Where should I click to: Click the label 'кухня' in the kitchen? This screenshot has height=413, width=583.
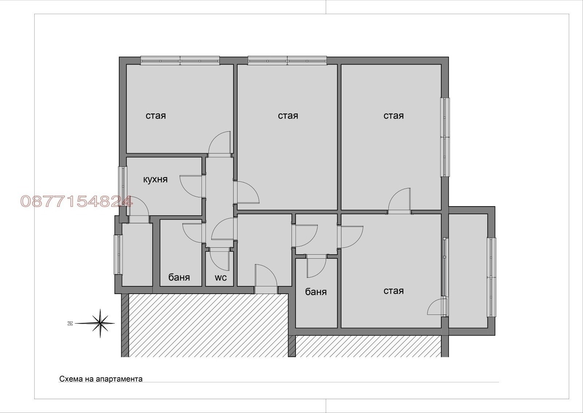[155, 180]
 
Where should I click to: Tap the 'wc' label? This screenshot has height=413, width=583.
[220, 278]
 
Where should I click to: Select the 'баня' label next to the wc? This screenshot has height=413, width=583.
[179, 278]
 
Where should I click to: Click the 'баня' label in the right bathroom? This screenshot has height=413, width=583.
[316, 292]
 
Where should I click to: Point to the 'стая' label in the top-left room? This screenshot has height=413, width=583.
[156, 116]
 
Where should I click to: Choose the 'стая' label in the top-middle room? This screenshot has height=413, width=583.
[288, 116]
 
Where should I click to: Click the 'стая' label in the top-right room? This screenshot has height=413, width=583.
[394, 116]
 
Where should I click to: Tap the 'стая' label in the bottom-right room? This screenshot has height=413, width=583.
[394, 291]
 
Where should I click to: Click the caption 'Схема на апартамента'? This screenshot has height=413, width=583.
[101, 379]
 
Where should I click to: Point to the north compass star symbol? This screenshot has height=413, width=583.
[100, 323]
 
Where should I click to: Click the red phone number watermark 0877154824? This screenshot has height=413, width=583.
[77, 201]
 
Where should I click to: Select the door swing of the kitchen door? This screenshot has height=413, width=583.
[191, 186]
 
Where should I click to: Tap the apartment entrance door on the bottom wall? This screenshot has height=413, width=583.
[266, 279]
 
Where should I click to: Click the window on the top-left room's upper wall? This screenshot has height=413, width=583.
[180, 61]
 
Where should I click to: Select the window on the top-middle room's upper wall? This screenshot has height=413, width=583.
[287, 61]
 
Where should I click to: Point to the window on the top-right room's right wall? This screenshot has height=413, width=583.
[445, 137]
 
